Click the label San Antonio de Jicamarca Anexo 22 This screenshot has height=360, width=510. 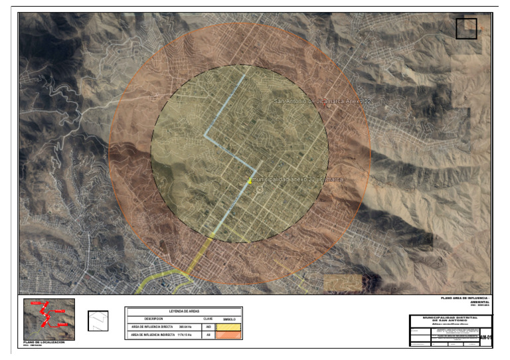coord(320,101)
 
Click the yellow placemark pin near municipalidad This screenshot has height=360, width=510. coord(250,181)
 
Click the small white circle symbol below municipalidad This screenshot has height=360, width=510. coord(260,189)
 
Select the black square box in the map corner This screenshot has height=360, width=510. coord(466,29)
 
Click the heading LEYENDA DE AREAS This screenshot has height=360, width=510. coord(184,310)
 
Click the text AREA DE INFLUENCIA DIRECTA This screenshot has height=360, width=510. coord(152,327)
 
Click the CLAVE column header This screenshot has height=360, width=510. coord(207,318)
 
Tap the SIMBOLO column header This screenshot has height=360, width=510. coord(229,318)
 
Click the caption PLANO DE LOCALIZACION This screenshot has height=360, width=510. coord(44,342)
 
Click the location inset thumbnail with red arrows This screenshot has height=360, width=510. coord(49,319)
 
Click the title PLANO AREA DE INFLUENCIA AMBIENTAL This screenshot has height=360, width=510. coord(464,300)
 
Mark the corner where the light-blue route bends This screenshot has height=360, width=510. coord(205,137)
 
